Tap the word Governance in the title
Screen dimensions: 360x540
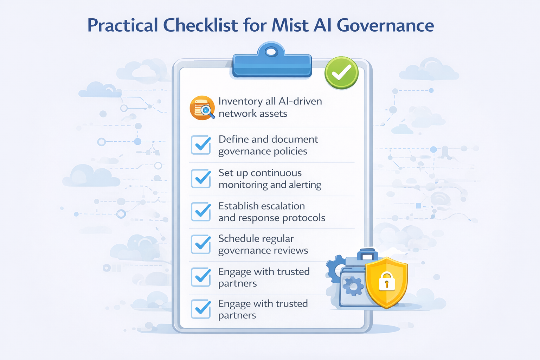pyautogui.click(x=385, y=25)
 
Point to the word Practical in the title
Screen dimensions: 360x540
pyautogui.click(x=123, y=25)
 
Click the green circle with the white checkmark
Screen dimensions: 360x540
pyautogui.click(x=341, y=73)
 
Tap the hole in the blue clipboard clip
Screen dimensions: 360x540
pyautogui.click(x=271, y=52)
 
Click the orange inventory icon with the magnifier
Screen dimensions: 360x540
pyautogui.click(x=202, y=108)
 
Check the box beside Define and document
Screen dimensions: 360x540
pyautogui.click(x=201, y=145)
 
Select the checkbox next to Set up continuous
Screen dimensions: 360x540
pyautogui.click(x=201, y=178)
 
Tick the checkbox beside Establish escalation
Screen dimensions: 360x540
pyautogui.click(x=201, y=211)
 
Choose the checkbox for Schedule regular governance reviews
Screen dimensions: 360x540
pyautogui.click(x=201, y=244)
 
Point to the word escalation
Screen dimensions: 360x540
pyautogui.click(x=283, y=206)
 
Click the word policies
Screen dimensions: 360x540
pyautogui.click(x=290, y=152)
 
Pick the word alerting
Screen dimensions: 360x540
pyautogui.click(x=305, y=185)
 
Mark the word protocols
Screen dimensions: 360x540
pyautogui.click(x=304, y=218)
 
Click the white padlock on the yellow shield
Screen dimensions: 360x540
pyautogui.click(x=387, y=281)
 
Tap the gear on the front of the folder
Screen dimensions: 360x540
pyautogui.click(x=353, y=286)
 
